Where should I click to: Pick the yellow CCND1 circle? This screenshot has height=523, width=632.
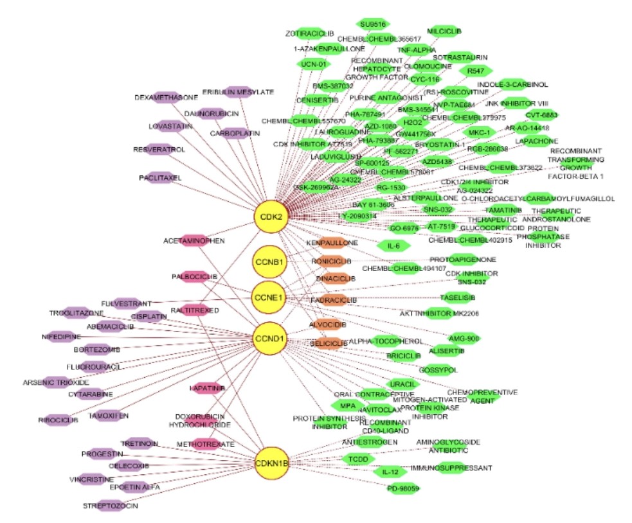[x=269, y=338]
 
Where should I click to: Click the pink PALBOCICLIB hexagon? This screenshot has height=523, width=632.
[x=194, y=277]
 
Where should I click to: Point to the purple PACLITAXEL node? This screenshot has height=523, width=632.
[x=160, y=177]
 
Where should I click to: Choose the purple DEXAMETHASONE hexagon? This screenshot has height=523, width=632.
[x=166, y=97]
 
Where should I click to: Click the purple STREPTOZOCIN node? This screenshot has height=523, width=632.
[x=110, y=506]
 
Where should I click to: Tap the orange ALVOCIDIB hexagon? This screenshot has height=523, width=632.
[x=331, y=324]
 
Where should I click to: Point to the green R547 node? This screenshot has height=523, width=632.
[x=476, y=70]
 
